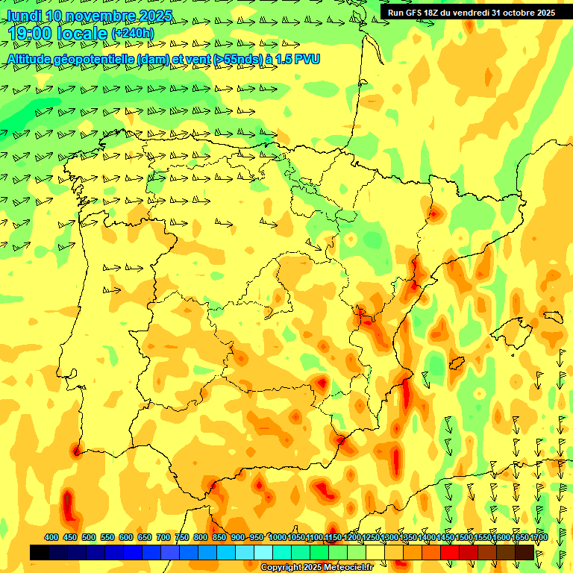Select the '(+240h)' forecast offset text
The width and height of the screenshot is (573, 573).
click(132, 33)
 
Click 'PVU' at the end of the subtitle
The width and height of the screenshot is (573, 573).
click(307, 59)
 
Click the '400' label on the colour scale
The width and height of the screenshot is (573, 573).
click(51, 538)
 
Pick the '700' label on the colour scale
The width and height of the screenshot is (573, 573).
click(163, 538)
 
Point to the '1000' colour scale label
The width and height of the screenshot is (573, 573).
click(278, 538)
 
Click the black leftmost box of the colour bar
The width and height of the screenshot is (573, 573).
click(40, 552)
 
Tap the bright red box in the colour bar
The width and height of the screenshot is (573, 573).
click(450, 552)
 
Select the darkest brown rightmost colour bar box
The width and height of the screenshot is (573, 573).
click(525, 552)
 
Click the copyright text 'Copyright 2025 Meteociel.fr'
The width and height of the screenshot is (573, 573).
click(316, 568)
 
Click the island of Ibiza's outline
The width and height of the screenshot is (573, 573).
click(457, 363)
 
